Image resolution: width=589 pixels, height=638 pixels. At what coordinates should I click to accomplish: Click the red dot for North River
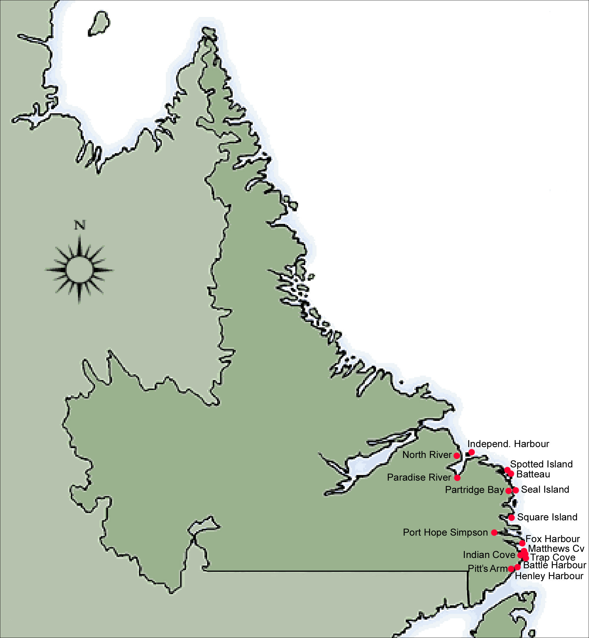click(457, 456)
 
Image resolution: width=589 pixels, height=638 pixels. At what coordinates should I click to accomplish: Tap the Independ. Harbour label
click(508, 444)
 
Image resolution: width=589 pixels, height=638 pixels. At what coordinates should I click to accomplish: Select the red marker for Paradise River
click(457, 478)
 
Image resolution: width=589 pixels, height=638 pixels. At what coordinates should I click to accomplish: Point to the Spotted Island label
click(541, 464)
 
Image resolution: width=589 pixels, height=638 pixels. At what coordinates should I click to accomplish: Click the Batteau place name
click(533, 474)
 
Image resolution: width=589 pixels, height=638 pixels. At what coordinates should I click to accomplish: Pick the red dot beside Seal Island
click(515, 490)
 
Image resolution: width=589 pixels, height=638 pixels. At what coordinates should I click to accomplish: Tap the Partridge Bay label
click(474, 490)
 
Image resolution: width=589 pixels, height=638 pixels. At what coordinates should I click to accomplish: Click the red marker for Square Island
click(511, 518)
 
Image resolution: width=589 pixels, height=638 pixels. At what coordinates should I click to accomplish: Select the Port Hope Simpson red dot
click(494, 532)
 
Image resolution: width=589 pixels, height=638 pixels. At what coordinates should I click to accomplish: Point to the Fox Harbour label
click(552, 539)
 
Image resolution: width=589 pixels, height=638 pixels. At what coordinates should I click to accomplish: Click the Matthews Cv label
click(556, 549)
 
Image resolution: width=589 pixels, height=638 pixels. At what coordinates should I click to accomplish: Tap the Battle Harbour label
click(555, 565)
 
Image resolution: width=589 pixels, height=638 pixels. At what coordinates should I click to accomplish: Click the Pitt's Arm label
click(487, 568)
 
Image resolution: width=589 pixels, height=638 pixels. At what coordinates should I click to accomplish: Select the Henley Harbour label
click(549, 576)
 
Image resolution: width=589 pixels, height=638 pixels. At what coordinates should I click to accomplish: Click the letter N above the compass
click(80, 225)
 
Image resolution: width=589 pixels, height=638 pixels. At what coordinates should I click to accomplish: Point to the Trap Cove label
click(553, 557)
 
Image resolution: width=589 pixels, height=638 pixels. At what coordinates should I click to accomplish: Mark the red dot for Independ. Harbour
click(471, 452)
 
